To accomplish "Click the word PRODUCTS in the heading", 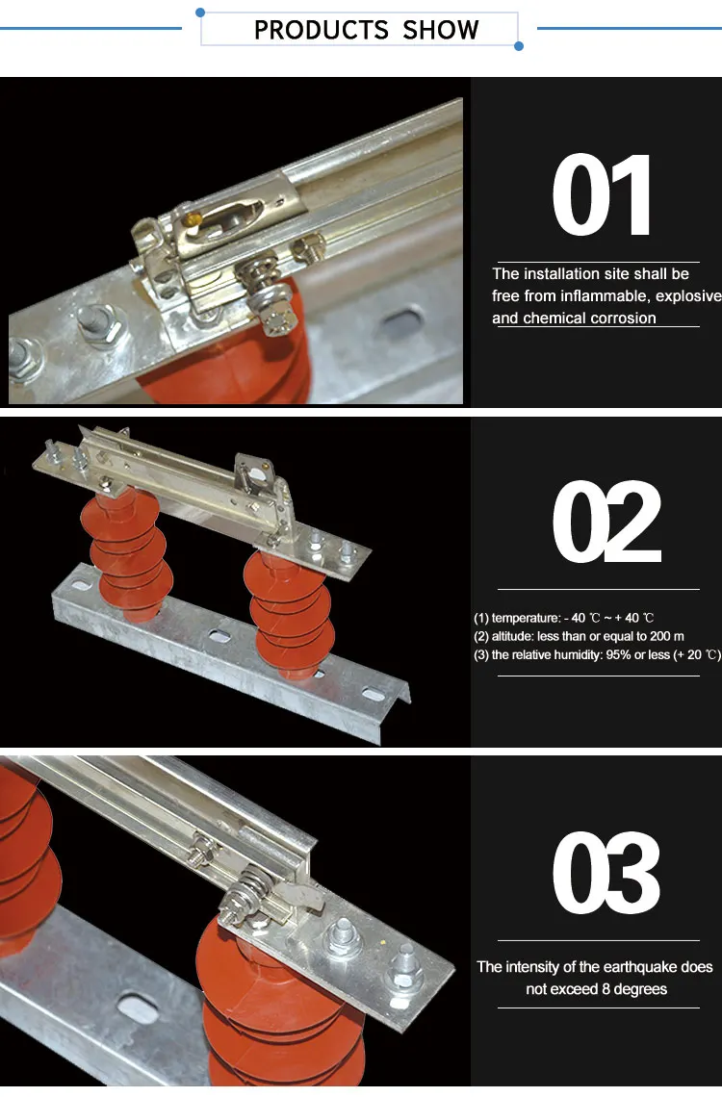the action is coord(321,30).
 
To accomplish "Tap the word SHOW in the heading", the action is coord(440,30).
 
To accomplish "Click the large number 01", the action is coord(603,196).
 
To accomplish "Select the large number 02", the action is coord(606,522).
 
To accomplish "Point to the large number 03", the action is coord(606,873).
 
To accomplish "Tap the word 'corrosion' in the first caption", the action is coord(624,318).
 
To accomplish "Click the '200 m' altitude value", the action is coord(667,636).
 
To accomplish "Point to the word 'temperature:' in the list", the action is coord(526,618).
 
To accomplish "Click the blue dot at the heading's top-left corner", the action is coord(200,13).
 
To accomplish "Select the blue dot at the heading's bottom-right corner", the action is coord(519,46).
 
